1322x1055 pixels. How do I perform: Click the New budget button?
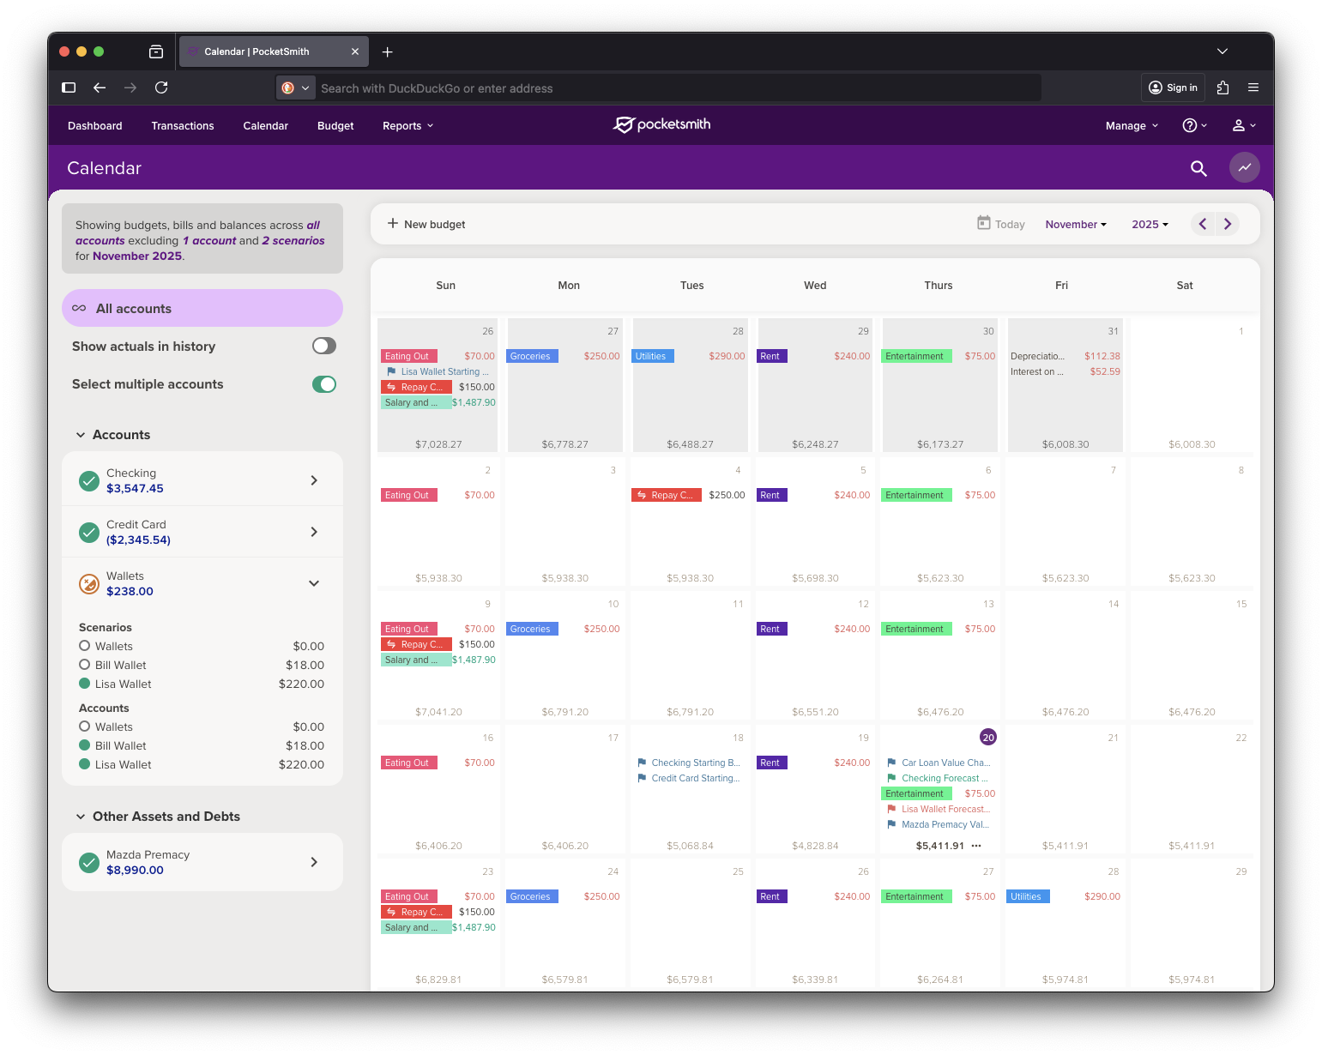click(426, 224)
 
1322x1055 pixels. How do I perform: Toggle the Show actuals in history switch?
click(323, 346)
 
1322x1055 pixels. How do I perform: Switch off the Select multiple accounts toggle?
click(323, 384)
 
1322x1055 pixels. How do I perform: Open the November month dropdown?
click(1076, 224)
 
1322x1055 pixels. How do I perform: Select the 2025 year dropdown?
click(1150, 224)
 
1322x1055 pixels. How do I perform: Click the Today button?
click(1001, 224)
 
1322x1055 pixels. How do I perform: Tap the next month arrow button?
click(1228, 224)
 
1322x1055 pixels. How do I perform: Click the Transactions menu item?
click(183, 126)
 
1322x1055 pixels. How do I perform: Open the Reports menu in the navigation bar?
click(407, 126)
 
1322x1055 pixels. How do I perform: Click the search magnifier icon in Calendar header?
click(1198, 168)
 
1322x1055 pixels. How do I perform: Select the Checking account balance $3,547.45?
click(135, 489)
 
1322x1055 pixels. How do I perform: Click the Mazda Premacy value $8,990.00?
click(135, 870)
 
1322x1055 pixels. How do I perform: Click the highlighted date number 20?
click(988, 738)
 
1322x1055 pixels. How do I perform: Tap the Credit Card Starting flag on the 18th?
click(693, 778)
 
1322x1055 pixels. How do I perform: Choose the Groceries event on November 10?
click(531, 629)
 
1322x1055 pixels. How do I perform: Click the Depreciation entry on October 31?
click(1037, 356)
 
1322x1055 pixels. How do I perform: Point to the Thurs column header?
click(939, 286)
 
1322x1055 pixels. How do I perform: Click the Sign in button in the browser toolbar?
click(1173, 87)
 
